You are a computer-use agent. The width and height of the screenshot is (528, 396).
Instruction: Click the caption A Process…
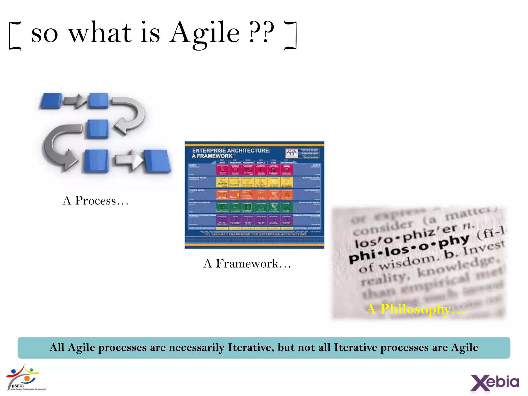(x=95, y=201)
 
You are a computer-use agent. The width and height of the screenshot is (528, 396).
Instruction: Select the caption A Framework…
(x=247, y=263)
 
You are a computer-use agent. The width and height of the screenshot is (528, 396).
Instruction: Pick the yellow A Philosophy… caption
(x=415, y=309)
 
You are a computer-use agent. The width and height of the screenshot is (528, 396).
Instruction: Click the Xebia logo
(x=494, y=382)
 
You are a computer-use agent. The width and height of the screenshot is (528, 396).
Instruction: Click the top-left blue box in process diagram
(x=51, y=101)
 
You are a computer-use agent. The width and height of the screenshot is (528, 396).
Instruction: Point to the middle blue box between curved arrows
(x=97, y=129)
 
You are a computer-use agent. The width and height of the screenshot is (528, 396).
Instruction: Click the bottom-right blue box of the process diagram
(x=157, y=161)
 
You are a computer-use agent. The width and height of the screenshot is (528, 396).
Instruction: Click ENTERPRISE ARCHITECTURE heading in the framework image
(x=231, y=151)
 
